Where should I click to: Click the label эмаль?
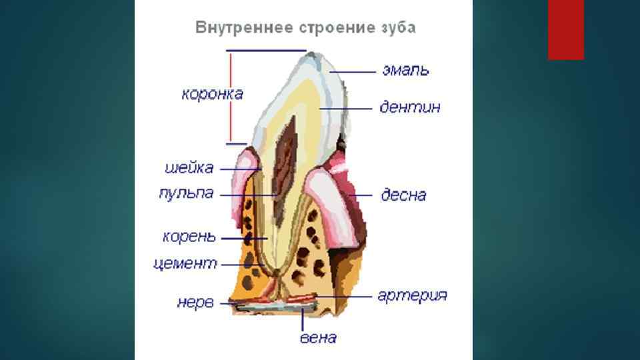coord(405,70)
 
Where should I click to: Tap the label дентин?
coord(409,107)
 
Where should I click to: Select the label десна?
coord(403,195)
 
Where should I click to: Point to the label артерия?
coord(412,295)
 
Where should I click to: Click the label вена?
coord(318,337)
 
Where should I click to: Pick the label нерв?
coord(195,302)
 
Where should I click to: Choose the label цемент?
coord(185,264)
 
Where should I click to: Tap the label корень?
coord(189,237)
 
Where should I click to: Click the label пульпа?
coord(186,193)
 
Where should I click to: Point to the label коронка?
coord(212,94)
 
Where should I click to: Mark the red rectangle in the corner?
coord(565,29)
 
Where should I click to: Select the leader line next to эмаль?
coord(353,71)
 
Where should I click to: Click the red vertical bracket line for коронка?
coord(231,97)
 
